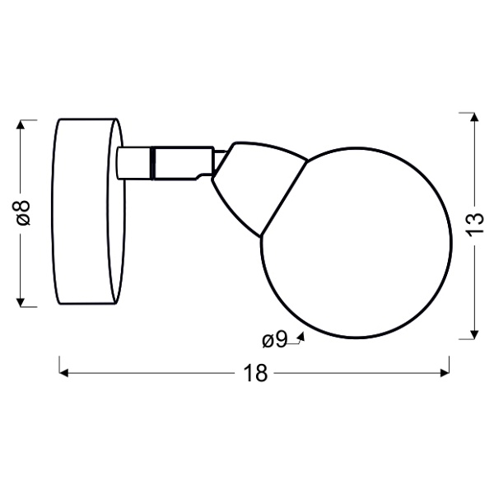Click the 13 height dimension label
[473, 224]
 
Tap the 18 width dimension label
[256, 373]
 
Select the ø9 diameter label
[274, 339]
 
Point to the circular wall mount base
[88, 212]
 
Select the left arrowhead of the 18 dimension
[64, 373]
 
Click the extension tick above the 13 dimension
[468, 110]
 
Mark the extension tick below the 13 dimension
[468, 338]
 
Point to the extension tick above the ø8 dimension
[27, 119]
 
